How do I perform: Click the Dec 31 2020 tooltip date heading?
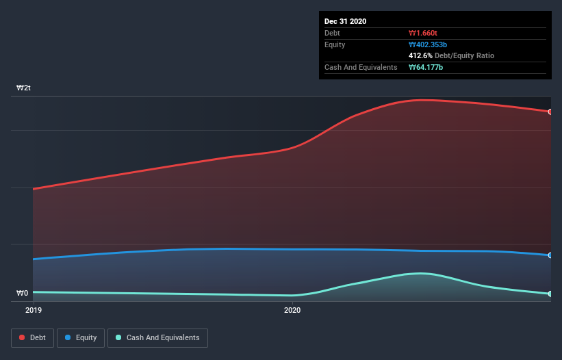[345, 21]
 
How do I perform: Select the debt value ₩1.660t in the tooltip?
[422, 33]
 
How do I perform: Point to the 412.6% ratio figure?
[420, 55]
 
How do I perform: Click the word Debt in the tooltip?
[332, 33]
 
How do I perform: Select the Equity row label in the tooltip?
[335, 44]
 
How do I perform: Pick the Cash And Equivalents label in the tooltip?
[361, 67]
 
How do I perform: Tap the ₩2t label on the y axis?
[23, 88]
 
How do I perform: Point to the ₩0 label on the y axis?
[23, 294]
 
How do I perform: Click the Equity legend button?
[81, 337]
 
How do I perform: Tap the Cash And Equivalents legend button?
[157, 337]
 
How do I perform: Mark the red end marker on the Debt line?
[550, 112]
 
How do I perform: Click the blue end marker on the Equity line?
[550, 255]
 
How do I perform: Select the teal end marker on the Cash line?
[550, 294]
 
